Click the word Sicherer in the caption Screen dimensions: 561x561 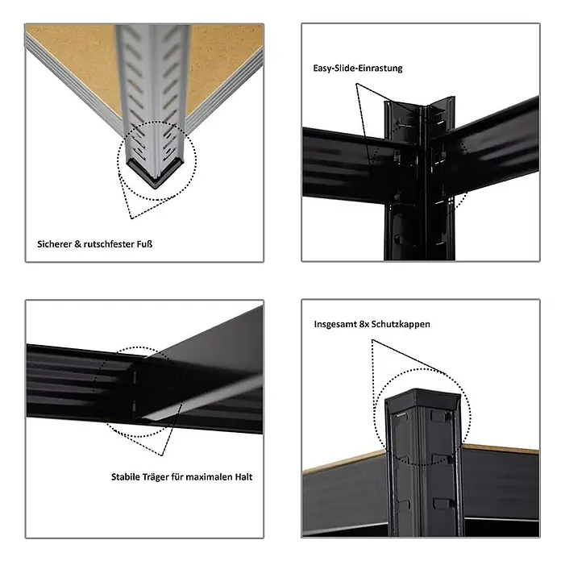54,244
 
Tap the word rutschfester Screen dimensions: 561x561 109,244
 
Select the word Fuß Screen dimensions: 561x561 144,244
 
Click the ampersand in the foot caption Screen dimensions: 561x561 77,244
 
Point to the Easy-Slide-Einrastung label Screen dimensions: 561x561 358,69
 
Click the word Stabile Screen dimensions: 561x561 126,477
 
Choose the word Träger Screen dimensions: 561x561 156,477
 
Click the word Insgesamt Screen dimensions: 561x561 335,325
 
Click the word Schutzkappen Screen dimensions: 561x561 401,325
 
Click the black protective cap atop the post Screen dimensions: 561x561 422,399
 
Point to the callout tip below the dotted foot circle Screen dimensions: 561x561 131,218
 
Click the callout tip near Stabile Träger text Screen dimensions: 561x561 163,455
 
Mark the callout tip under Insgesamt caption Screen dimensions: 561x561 372,340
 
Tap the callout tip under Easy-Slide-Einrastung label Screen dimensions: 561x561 356,84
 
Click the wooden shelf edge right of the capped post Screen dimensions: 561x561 501,449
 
